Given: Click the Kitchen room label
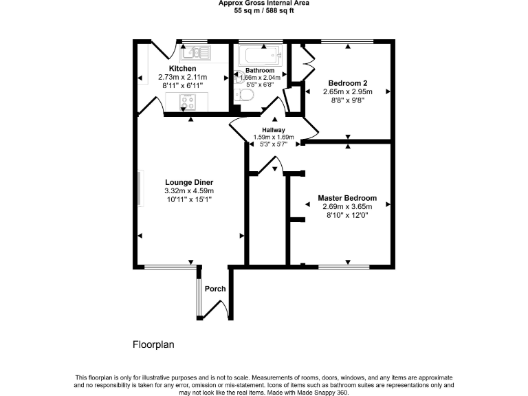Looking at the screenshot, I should [x=183, y=69].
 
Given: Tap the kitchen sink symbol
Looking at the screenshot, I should [x=196, y=52].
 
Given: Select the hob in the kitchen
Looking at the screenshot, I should [x=188, y=102].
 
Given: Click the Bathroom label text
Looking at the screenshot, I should [x=260, y=71].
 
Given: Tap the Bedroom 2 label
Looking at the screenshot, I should [x=347, y=82].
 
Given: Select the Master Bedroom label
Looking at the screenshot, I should [x=347, y=198].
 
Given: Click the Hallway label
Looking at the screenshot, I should [x=273, y=130].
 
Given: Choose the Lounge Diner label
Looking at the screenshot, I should [x=189, y=182].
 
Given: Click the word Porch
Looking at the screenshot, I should [x=215, y=289].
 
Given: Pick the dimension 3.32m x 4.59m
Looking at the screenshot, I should [x=189, y=190].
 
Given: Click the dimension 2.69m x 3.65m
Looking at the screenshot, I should [x=347, y=206].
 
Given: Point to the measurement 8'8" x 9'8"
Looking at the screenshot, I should [x=347, y=100].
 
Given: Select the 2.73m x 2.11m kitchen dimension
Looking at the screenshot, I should [x=183, y=77].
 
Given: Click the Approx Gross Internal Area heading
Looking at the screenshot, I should [x=263, y=3].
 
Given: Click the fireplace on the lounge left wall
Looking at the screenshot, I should [x=140, y=188].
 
